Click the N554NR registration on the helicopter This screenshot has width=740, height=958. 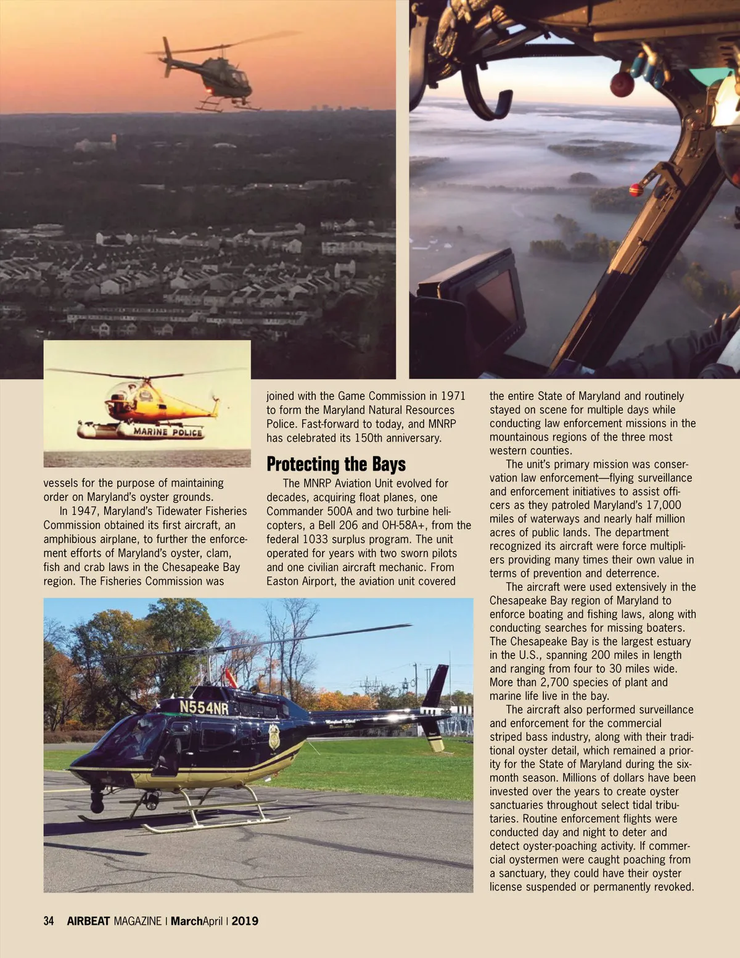pyautogui.click(x=203, y=707)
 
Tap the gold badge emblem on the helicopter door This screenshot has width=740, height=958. pyautogui.click(x=274, y=736)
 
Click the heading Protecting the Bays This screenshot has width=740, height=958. pyautogui.click(x=336, y=464)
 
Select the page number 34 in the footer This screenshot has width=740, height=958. pyautogui.click(x=49, y=921)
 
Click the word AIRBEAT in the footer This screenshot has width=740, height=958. pyautogui.click(x=88, y=921)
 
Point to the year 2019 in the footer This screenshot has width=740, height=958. pyautogui.click(x=245, y=921)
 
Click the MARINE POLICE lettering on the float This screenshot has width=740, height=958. pyautogui.click(x=168, y=432)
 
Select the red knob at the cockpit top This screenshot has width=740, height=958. pyautogui.click(x=622, y=85)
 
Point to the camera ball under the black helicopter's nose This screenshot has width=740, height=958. pyautogui.click(x=97, y=802)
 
